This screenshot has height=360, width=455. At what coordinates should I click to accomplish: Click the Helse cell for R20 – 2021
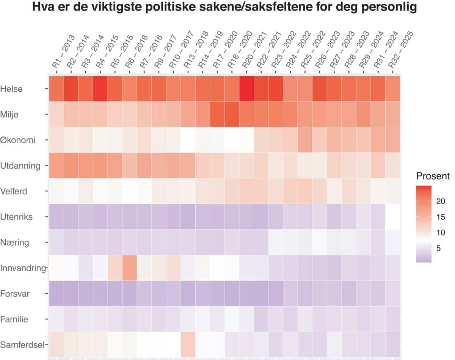click(x=247, y=89)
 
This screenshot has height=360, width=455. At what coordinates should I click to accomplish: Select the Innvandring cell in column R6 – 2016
click(x=130, y=268)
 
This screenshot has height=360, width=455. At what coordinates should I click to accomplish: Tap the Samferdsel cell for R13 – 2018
click(x=188, y=344)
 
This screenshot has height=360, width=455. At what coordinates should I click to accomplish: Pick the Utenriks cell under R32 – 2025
click(x=392, y=216)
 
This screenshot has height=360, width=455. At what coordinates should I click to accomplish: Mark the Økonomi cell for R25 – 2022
click(x=305, y=140)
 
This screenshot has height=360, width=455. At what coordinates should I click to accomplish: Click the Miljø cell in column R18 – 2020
click(x=232, y=114)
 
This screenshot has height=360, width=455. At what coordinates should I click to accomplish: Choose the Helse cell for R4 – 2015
click(x=100, y=89)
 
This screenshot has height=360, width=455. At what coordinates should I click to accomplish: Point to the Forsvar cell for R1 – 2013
click(x=56, y=293)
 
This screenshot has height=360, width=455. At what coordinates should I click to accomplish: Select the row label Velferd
click(x=14, y=191)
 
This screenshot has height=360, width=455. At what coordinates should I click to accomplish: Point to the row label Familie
click(x=14, y=319)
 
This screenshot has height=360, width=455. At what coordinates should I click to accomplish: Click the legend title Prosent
click(x=433, y=176)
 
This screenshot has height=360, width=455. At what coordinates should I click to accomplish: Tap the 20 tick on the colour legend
click(x=440, y=201)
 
